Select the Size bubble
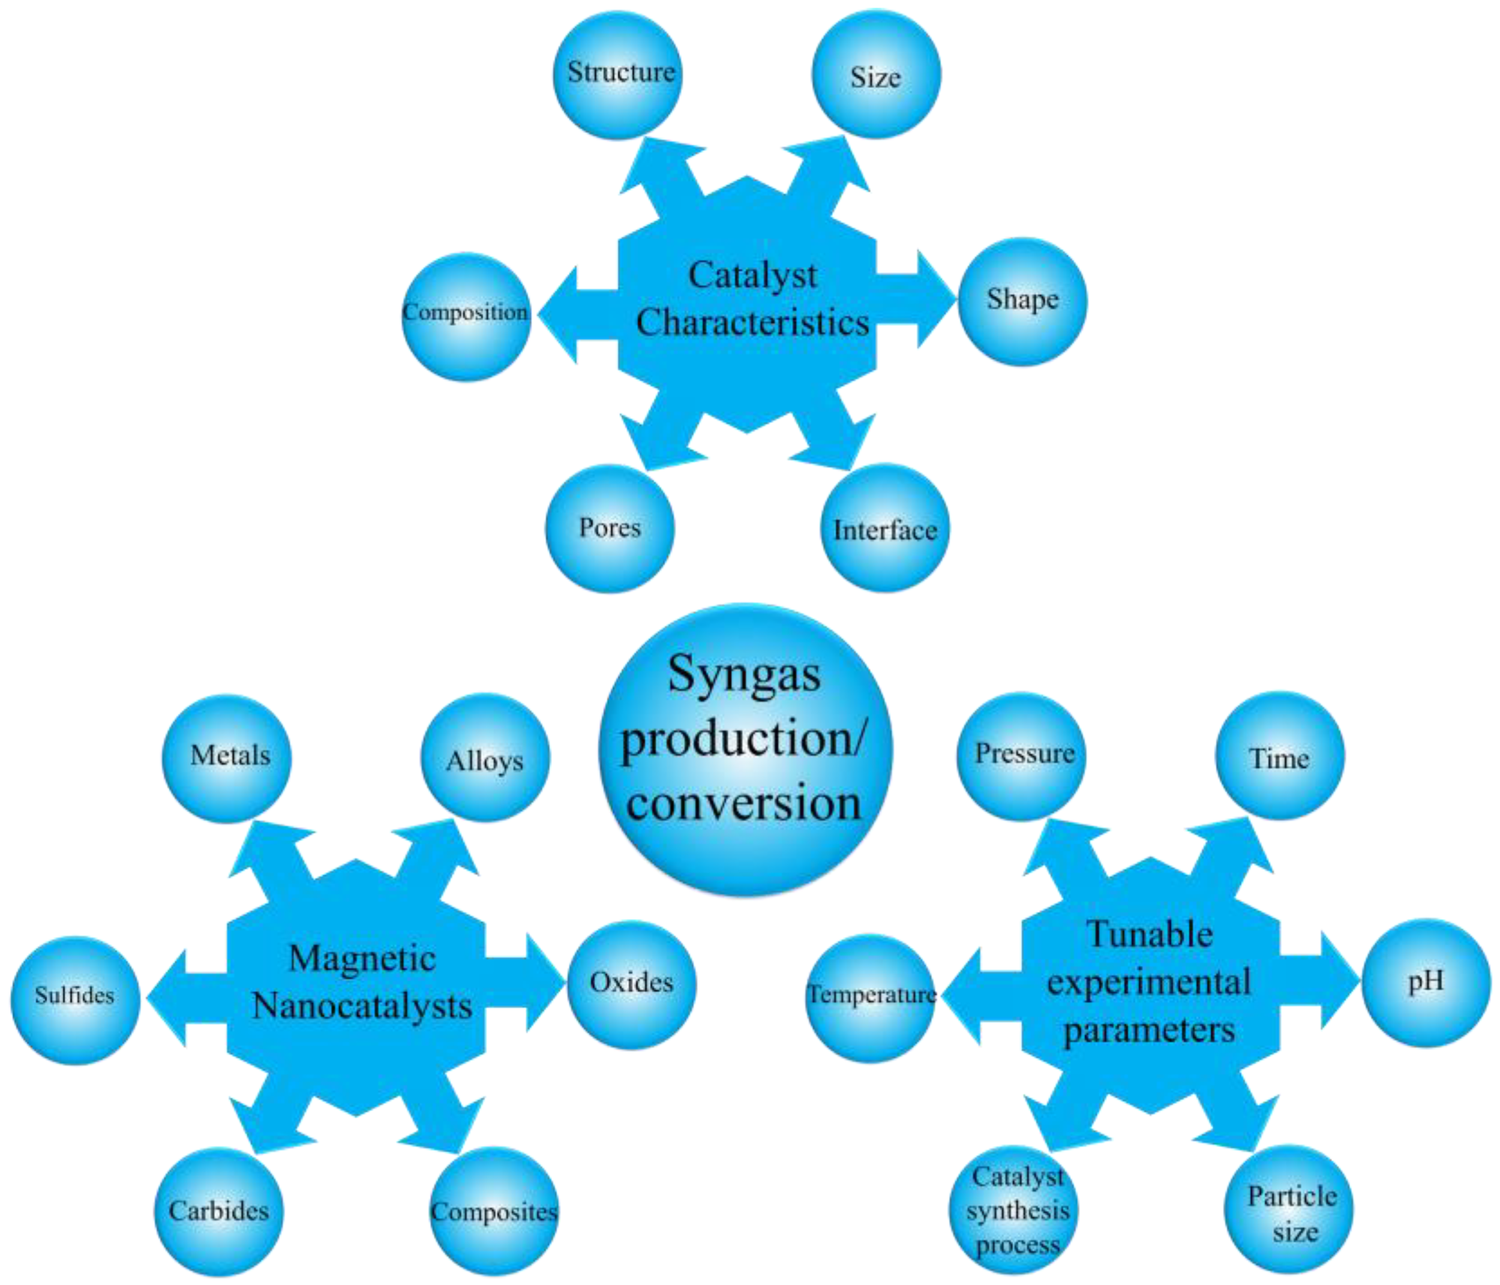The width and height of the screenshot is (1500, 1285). (x=876, y=74)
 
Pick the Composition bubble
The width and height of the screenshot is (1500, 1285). (x=466, y=316)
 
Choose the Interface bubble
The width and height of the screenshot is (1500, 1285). (x=884, y=529)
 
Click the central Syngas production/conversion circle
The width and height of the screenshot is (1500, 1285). (x=745, y=750)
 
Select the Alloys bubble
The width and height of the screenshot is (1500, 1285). (x=485, y=758)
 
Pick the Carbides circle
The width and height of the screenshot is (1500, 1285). (x=218, y=1211)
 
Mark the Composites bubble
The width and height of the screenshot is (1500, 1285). (x=494, y=1211)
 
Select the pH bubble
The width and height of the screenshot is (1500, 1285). (x=1426, y=983)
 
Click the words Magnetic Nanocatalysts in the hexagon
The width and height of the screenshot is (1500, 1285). (x=362, y=983)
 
